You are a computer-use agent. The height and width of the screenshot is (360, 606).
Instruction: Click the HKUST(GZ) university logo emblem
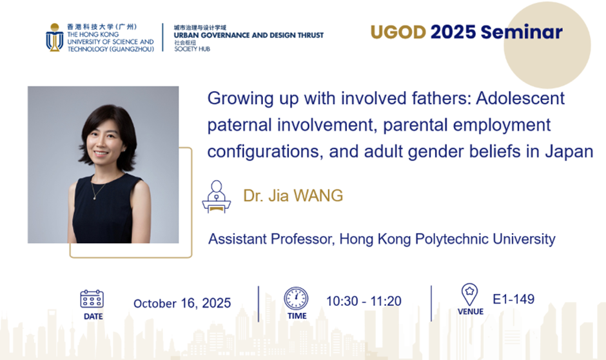55,37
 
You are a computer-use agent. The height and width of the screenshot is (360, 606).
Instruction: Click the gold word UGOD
398,32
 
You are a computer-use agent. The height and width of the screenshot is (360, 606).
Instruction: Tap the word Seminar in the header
522,32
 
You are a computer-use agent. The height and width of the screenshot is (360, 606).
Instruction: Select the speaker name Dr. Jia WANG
293,195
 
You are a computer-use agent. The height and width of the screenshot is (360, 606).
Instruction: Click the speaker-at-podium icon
217,197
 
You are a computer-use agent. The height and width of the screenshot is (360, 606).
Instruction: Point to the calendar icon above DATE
92,299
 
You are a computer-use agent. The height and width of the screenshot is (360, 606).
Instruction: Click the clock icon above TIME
296,299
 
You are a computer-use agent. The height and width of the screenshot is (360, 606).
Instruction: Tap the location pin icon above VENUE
469,295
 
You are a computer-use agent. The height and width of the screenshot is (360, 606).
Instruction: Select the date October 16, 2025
182,303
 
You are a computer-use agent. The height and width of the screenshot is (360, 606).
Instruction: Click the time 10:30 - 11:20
364,301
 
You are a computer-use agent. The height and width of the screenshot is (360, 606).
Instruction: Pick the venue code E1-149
514,299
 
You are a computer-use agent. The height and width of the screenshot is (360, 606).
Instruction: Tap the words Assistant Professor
271,239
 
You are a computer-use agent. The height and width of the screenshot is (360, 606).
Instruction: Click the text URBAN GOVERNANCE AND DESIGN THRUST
248,35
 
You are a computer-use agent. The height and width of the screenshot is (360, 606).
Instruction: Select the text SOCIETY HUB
192,49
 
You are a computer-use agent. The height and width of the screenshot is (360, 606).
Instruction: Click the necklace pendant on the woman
95,198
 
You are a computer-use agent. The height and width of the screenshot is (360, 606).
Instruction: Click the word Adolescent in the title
520,98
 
